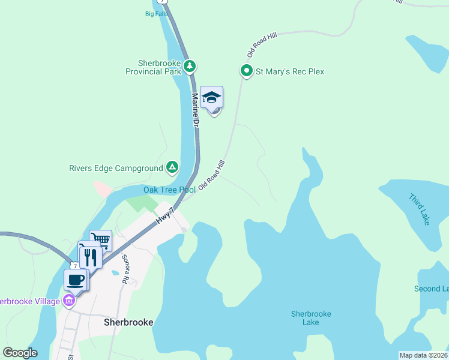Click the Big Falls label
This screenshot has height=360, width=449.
(156, 14)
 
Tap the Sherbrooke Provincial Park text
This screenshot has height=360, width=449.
(151, 67)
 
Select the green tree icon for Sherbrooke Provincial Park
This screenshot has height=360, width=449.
(190, 65)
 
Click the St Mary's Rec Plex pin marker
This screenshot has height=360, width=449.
(246, 71)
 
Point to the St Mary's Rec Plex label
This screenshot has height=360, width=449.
(290, 71)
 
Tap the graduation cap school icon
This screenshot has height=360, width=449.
(211, 97)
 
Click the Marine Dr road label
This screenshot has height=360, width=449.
(196, 109)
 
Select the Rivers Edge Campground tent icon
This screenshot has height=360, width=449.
(172, 167)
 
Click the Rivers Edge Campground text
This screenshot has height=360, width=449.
(116, 169)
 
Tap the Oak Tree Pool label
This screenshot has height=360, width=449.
(169, 190)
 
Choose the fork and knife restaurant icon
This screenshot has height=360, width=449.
(90, 257)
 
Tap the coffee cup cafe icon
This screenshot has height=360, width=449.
(76, 280)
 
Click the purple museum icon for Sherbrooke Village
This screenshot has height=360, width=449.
(70, 300)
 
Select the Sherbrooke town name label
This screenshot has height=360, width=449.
(128, 322)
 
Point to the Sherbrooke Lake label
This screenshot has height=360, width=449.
(311, 318)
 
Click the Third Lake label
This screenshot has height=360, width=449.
(419, 209)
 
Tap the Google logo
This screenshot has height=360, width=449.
(20, 353)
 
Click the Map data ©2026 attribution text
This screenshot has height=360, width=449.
(423, 355)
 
